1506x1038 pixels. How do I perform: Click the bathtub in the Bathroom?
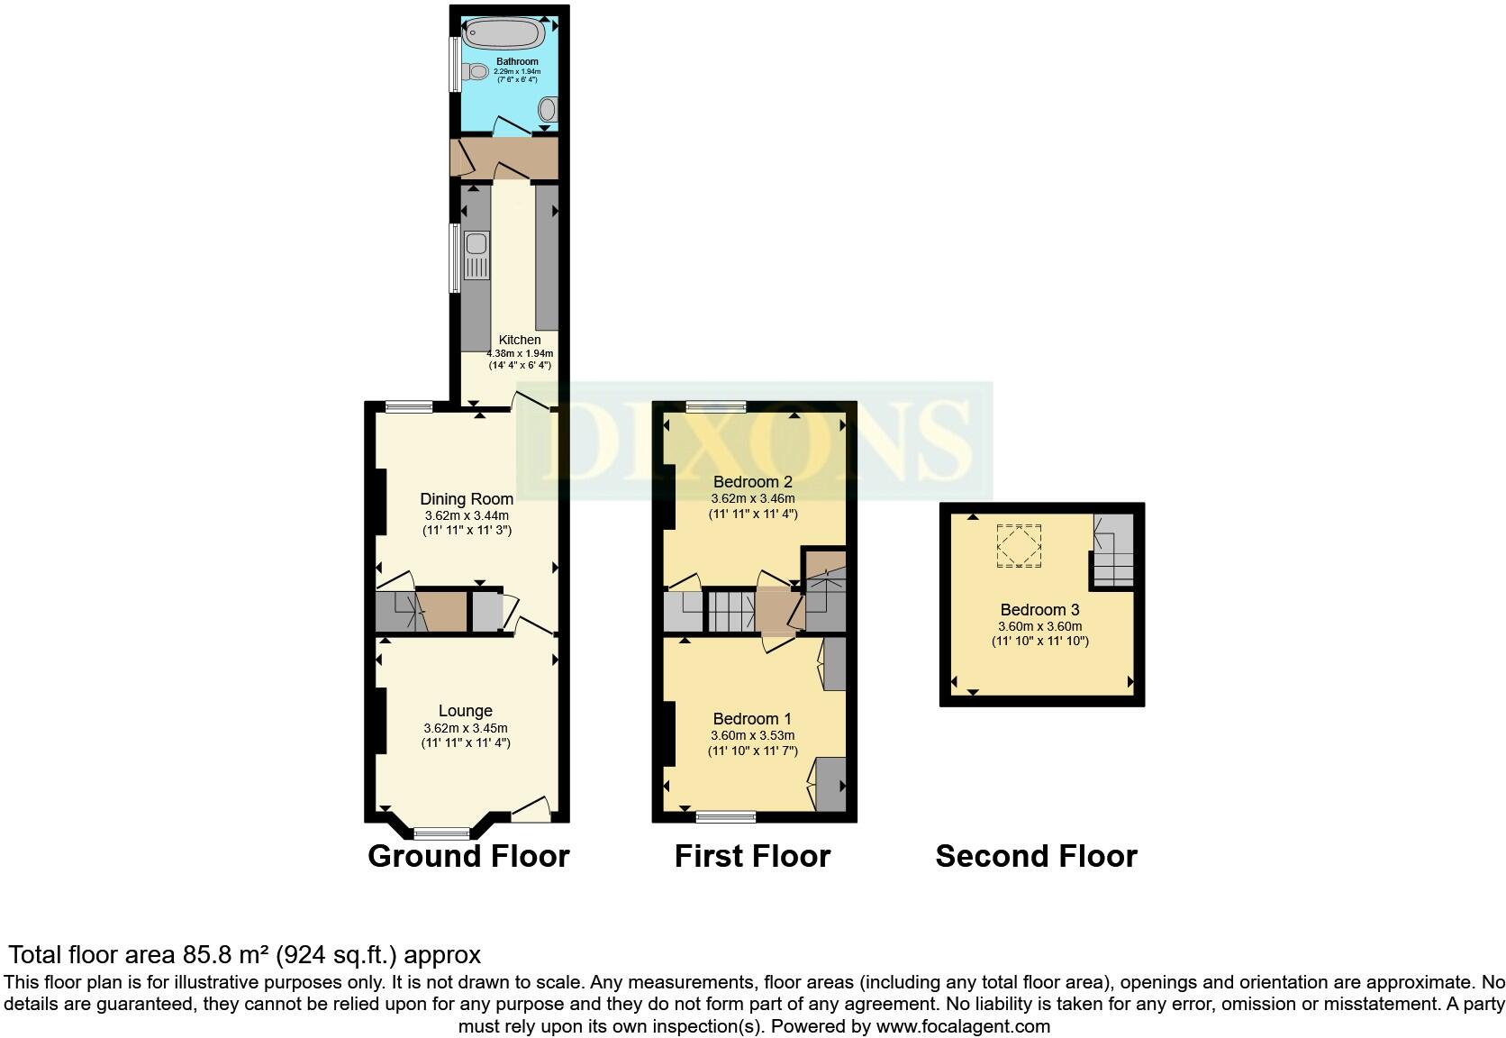[504, 34]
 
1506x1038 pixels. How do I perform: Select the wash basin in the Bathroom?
[547, 110]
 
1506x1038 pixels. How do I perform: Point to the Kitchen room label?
[520, 340]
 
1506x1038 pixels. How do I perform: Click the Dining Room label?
[467, 499]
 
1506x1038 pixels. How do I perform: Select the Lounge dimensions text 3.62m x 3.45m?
[466, 728]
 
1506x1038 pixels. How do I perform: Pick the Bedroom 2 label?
[752, 481]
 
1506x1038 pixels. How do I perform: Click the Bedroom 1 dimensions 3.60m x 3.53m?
[752, 735]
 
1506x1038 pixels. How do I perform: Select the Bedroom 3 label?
[1039, 610]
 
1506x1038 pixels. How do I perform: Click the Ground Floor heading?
[468, 856]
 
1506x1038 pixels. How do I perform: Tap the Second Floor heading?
[1036, 856]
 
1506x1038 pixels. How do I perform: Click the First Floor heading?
[752, 856]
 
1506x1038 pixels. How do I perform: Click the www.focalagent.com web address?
[962, 1025]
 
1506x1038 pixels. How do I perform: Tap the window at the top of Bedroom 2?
[715, 406]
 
